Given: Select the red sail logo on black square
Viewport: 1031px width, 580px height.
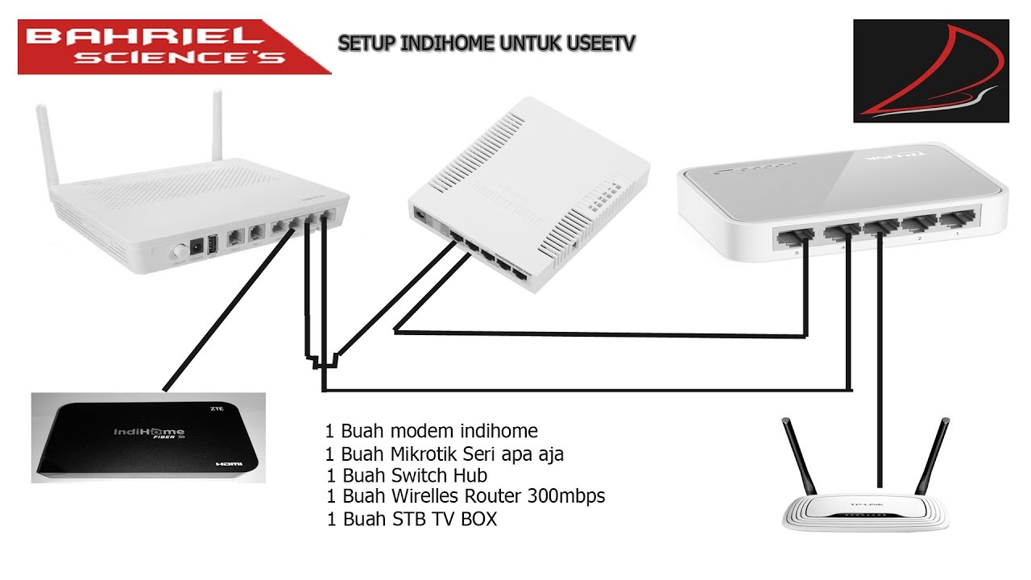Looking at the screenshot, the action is pos(930,72).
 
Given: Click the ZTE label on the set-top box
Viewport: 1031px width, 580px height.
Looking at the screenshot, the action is pos(216,409).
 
